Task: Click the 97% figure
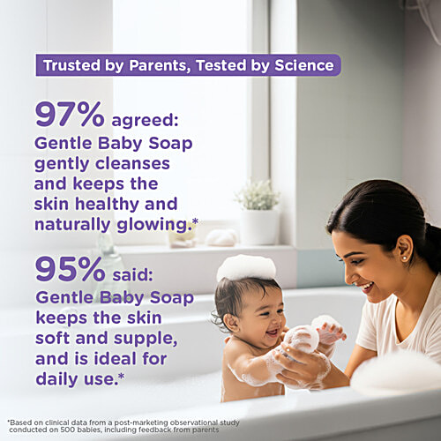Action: pos(70,115)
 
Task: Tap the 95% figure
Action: pos(70,269)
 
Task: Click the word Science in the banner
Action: pos(304,65)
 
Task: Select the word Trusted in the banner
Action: pos(72,65)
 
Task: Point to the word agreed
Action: pos(146,121)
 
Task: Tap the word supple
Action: pos(146,339)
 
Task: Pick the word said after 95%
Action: pos(133,275)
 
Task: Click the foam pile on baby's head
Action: pos(246,267)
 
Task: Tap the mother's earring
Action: pos(405,258)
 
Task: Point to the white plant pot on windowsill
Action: pos(260,227)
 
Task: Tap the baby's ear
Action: pos(232,323)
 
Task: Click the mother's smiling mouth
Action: pos(367,287)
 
